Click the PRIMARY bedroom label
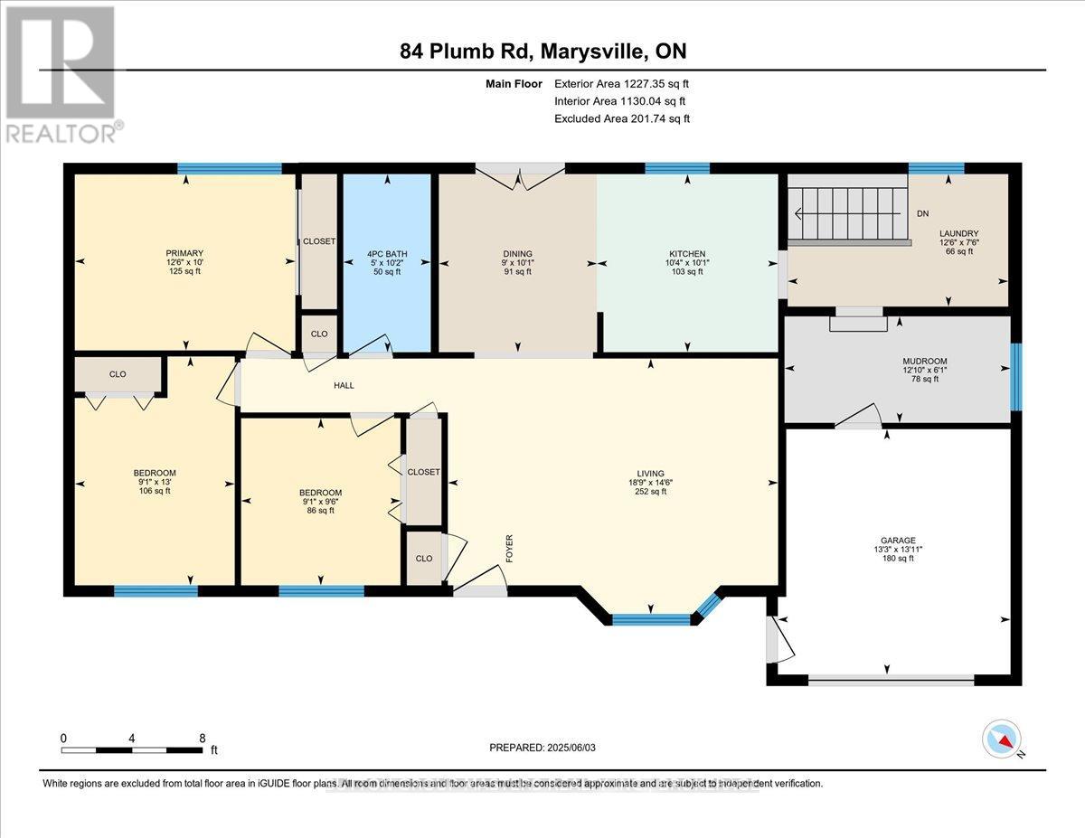coord(184,253)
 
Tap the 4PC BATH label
coord(386,254)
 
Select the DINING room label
coord(517,254)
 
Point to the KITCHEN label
coord(686,254)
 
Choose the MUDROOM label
coord(923,361)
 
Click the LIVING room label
coord(650,473)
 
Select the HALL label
coord(344,385)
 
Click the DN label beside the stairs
coord(922,215)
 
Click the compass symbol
coord(1001,738)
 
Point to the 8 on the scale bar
coord(202,738)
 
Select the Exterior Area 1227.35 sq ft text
coord(627,84)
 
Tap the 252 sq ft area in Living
coord(650,492)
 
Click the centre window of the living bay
coord(651,619)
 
